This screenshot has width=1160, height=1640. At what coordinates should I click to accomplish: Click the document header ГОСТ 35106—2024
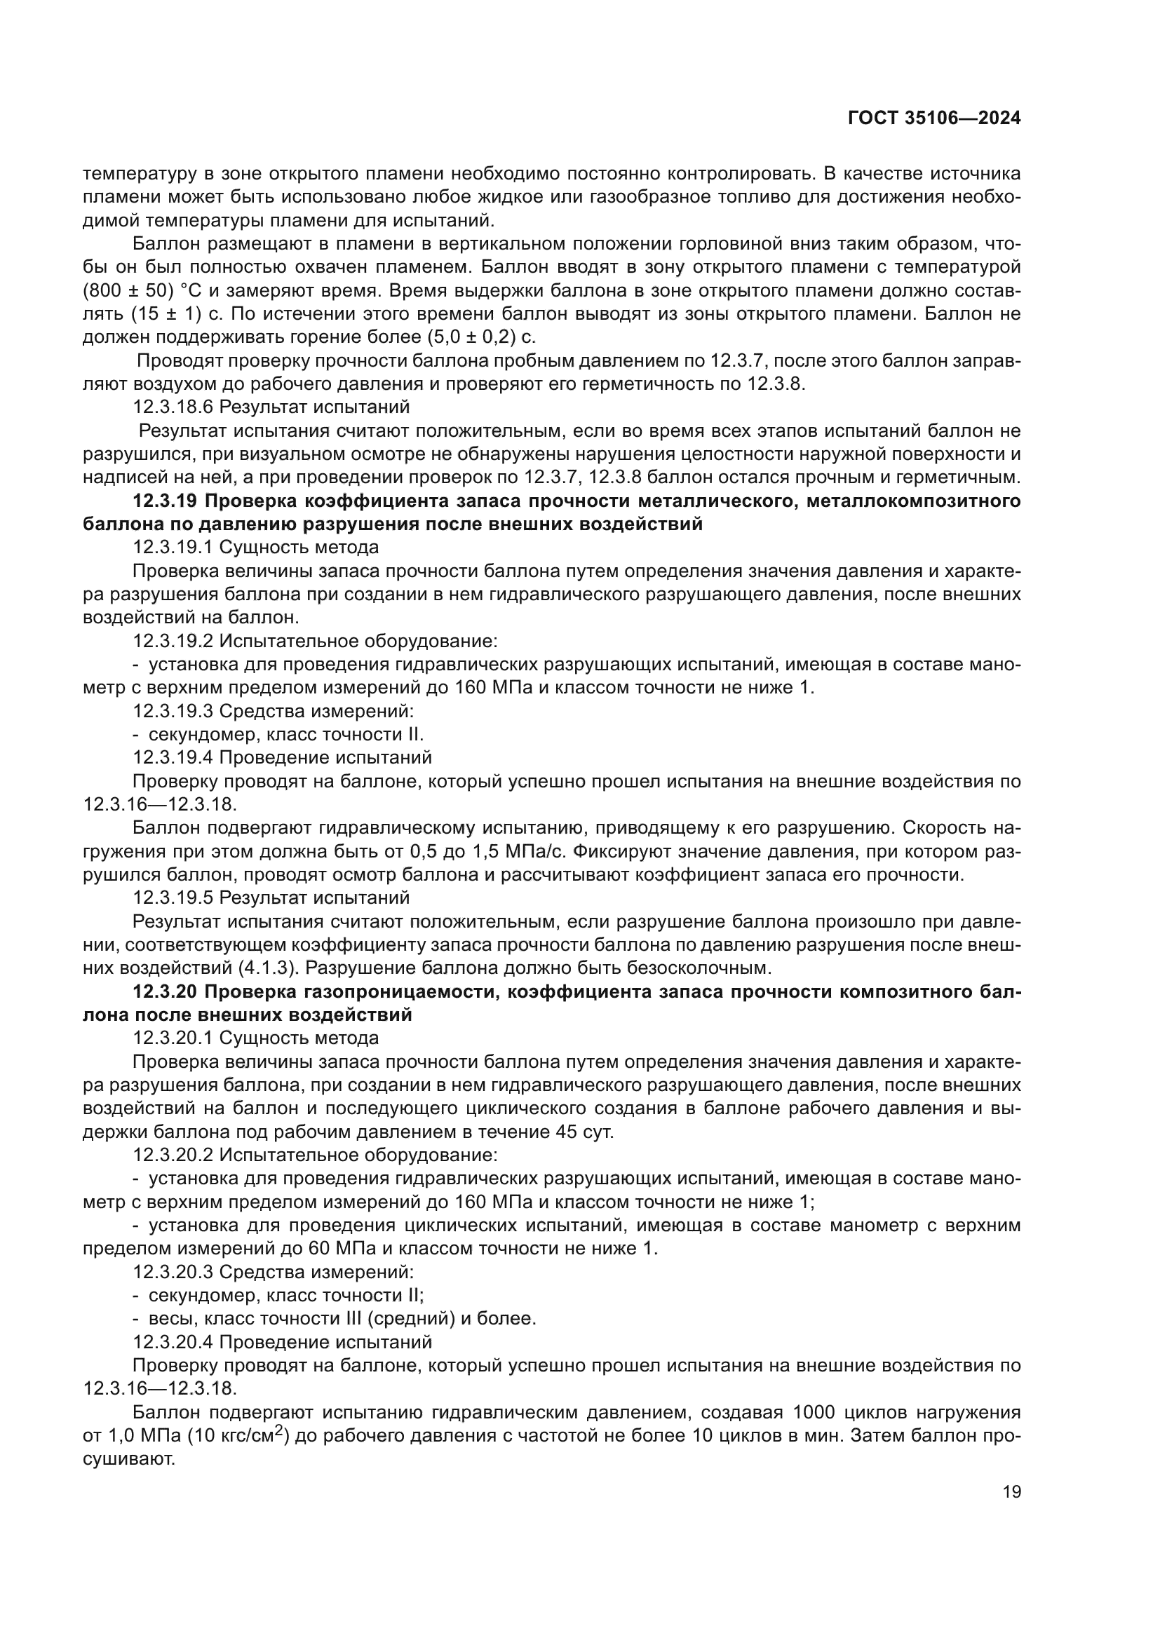pos(934,118)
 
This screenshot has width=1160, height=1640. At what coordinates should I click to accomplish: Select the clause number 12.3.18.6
pos(173,407)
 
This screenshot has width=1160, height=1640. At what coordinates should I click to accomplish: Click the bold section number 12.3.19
pos(166,501)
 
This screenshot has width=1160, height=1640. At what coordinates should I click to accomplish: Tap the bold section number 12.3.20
pos(166,992)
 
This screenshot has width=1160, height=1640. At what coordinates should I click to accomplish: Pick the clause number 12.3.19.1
pos(173,548)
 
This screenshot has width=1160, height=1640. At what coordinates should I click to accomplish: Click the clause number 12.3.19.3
pos(173,712)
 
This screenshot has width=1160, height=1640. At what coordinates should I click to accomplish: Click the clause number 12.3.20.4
pos(173,1342)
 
